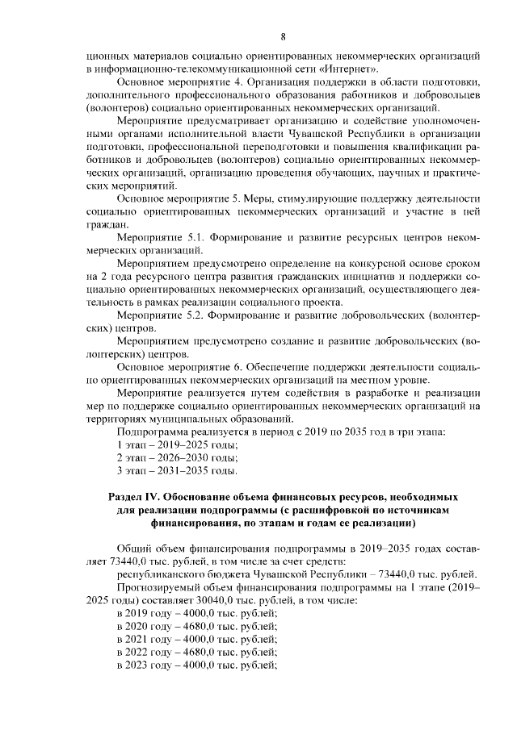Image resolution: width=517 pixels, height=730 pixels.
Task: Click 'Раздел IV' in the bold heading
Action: [137, 497]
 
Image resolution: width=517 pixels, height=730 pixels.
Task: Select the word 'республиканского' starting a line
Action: [160, 574]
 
